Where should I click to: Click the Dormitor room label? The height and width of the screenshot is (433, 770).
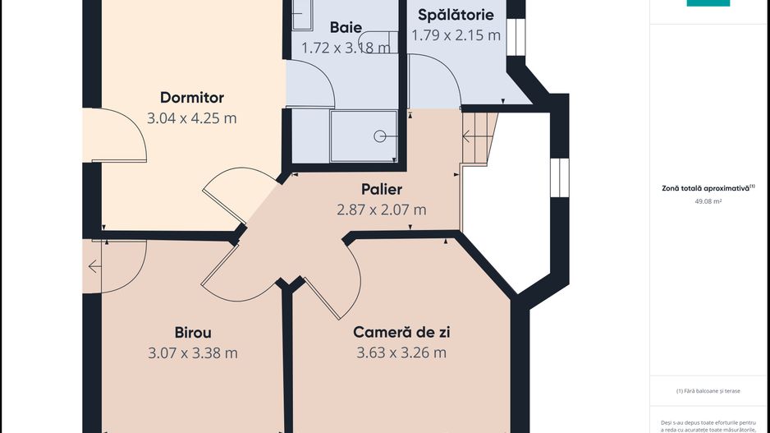pyautogui.click(x=191, y=98)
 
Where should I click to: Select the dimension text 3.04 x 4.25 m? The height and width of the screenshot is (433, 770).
pyautogui.click(x=191, y=118)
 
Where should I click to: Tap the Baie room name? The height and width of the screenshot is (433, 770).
pyautogui.click(x=346, y=27)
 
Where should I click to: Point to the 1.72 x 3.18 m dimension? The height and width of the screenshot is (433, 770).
pyautogui.click(x=346, y=48)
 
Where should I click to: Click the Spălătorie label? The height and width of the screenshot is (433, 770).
pyautogui.click(x=456, y=15)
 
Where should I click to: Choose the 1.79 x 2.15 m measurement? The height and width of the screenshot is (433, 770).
pyautogui.click(x=456, y=35)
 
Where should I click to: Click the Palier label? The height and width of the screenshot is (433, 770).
pyautogui.click(x=381, y=190)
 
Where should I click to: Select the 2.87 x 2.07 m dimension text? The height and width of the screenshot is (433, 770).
pyautogui.click(x=381, y=210)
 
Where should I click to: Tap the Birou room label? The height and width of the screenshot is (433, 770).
pyautogui.click(x=193, y=333)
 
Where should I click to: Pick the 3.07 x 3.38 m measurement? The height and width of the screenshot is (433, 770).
pyautogui.click(x=193, y=353)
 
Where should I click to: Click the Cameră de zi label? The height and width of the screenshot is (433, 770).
pyautogui.click(x=401, y=333)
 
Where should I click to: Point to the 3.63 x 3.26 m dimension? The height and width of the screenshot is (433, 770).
pyautogui.click(x=401, y=353)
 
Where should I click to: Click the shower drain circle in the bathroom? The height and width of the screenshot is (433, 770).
pyautogui.click(x=379, y=136)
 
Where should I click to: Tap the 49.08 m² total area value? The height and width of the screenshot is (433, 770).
pyautogui.click(x=708, y=200)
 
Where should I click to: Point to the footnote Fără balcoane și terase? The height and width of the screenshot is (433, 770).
pyautogui.click(x=708, y=391)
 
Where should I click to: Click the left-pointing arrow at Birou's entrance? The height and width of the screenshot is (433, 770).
pyautogui.click(x=94, y=266)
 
